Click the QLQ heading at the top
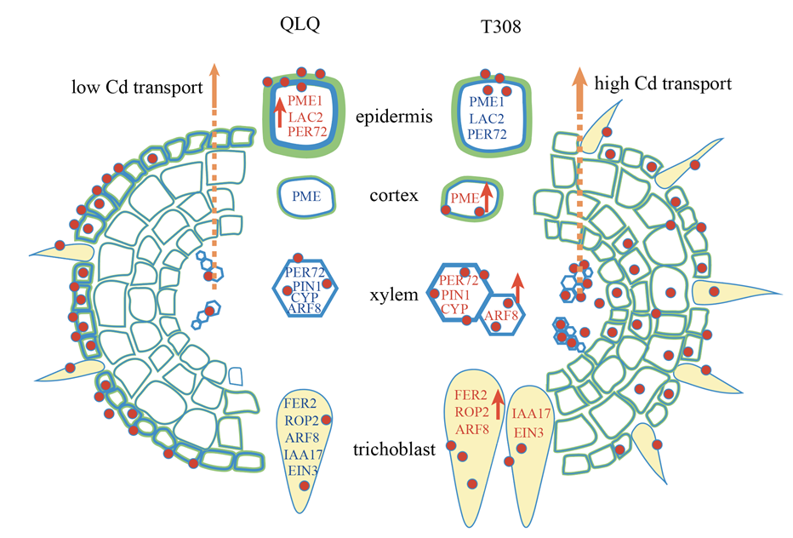click(x=302, y=26)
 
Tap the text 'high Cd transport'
click(x=663, y=84)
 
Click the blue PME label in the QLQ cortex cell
click(x=306, y=197)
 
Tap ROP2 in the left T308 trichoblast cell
click(x=471, y=412)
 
